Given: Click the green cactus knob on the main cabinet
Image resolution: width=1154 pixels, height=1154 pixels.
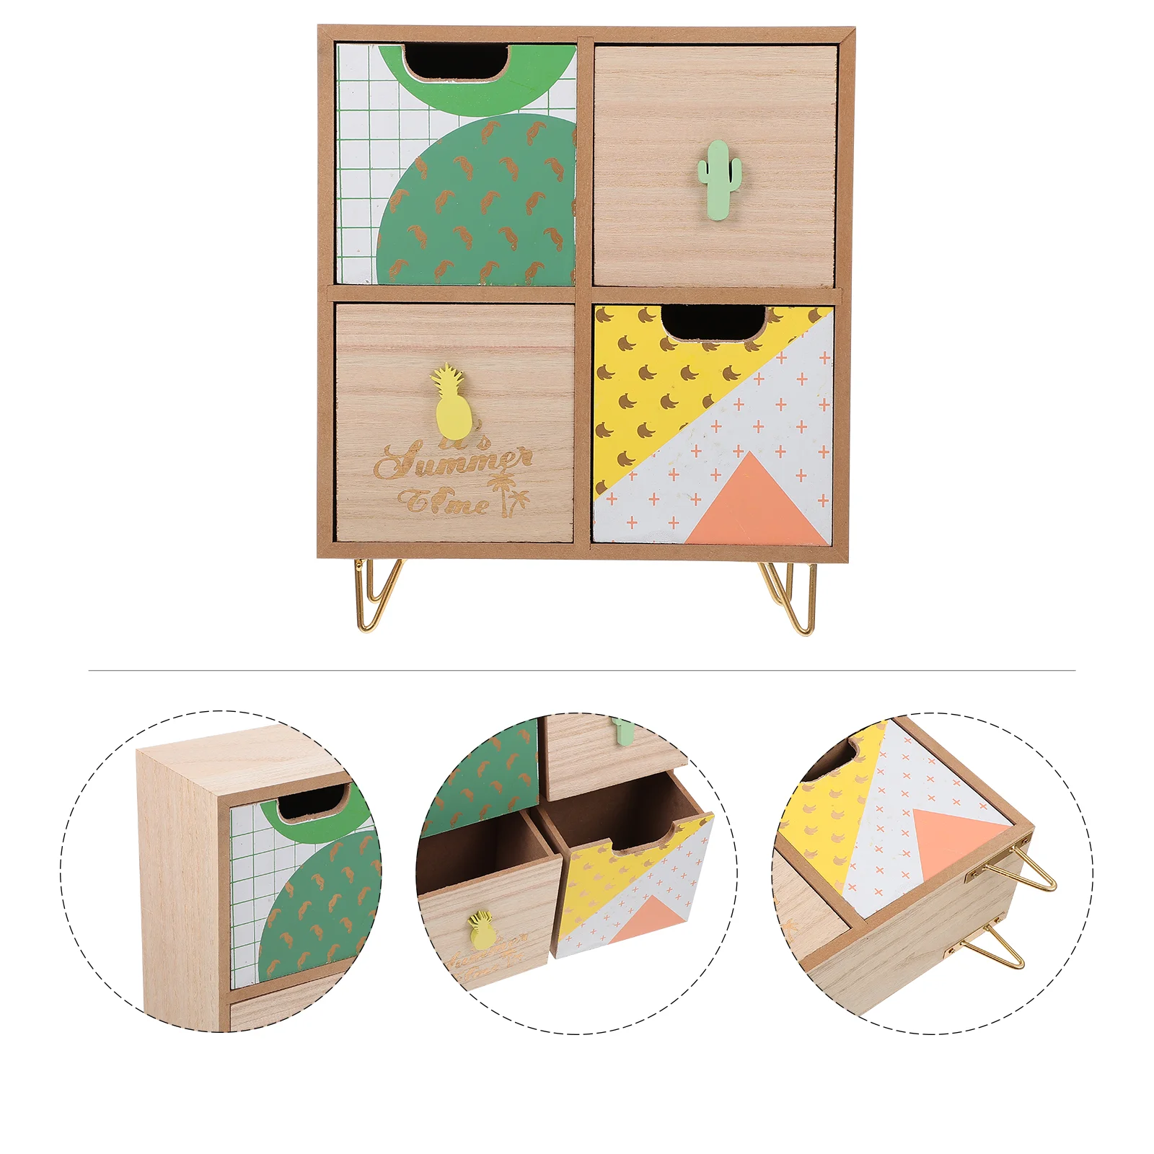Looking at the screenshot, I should point(719,170).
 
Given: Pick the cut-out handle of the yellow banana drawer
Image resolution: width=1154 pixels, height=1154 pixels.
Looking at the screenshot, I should point(714,322).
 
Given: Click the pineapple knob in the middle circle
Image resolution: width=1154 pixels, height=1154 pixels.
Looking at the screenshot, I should point(482,930).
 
